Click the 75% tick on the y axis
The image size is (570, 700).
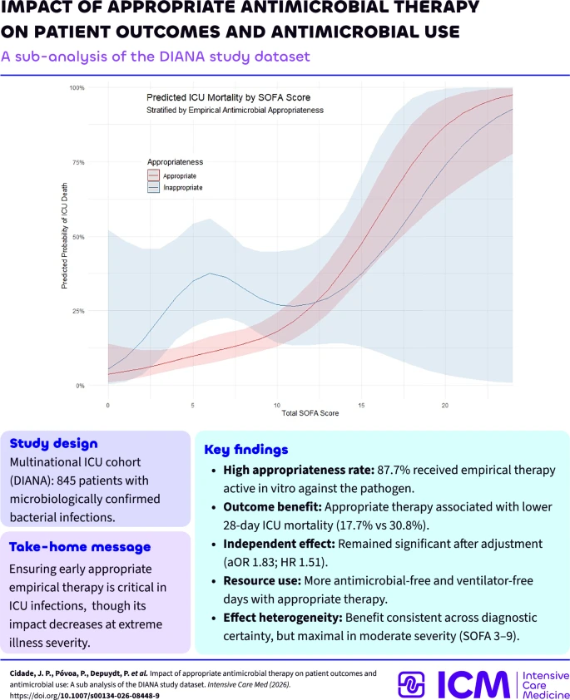pyautogui.click(x=78, y=162)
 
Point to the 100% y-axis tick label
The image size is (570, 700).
pyautogui.click(x=77, y=88)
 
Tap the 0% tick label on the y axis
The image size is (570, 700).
pyautogui.click(x=80, y=386)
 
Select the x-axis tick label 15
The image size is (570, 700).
pyautogui.click(x=361, y=406)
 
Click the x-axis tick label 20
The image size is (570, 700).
pyautogui.click(x=445, y=406)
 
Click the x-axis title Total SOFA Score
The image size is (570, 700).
pyautogui.click(x=310, y=413)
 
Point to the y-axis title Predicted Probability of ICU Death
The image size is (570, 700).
pyautogui.click(x=64, y=236)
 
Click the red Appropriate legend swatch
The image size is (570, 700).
pyautogui.click(x=153, y=175)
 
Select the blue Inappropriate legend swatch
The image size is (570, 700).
pyautogui.click(x=153, y=188)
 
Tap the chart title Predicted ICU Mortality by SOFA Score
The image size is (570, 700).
pyautogui.click(x=228, y=97)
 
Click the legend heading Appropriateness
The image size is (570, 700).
pyautogui.click(x=175, y=162)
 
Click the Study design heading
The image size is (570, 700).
pyautogui.click(x=53, y=443)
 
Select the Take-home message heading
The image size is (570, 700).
pyautogui.click(x=80, y=547)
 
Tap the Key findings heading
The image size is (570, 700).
pyautogui.click(x=246, y=450)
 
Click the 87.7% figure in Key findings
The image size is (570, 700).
pyautogui.click(x=392, y=470)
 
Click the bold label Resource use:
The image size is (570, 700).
pyautogui.click(x=262, y=581)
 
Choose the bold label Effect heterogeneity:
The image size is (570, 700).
pyautogui.click(x=283, y=618)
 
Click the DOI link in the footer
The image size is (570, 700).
pyautogui.click(x=84, y=696)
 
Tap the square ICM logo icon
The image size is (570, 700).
pyautogui.click(x=411, y=684)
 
